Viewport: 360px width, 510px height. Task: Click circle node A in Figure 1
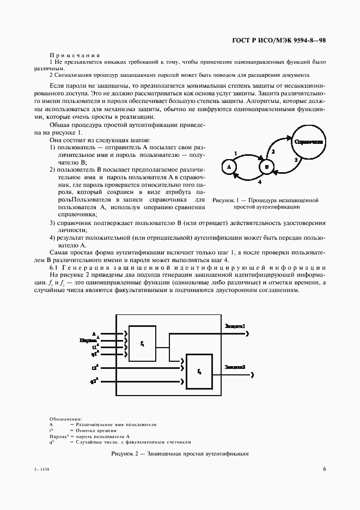pyautogui.click(x=229, y=167)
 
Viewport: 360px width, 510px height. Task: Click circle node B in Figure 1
pyautogui.click(x=266, y=166)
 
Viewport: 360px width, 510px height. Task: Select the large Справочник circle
pyautogui.click(x=308, y=142)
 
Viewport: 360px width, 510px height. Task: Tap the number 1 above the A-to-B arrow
pyautogui.click(x=235, y=153)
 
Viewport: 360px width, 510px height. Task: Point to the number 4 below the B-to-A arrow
pyautogui.click(x=259, y=183)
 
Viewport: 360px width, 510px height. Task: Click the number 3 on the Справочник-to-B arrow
pyautogui.click(x=295, y=160)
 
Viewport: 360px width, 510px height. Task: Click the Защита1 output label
pyautogui.click(x=235, y=326)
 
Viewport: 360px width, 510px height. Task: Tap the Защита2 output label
pyautogui.click(x=235, y=367)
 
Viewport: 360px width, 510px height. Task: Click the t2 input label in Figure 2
pyautogui.click(x=94, y=368)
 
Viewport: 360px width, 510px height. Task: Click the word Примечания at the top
pyautogui.click(x=75, y=55)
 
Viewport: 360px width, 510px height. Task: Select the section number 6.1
pyautogui.click(x=54, y=266)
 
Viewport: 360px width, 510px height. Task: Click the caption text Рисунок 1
pyautogui.click(x=225, y=201)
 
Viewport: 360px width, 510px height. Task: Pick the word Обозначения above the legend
pyautogui.click(x=65, y=418)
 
